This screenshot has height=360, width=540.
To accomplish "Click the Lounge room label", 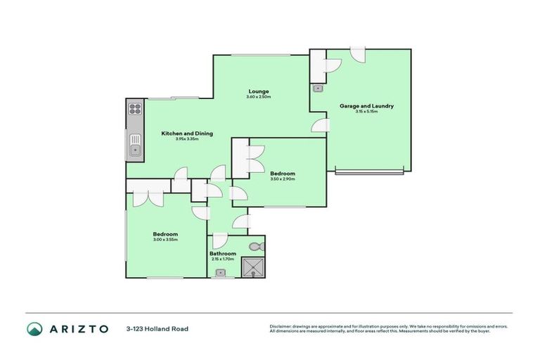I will pyautogui.click(x=258, y=91).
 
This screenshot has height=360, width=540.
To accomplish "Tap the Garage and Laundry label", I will pyautogui.click(x=366, y=106).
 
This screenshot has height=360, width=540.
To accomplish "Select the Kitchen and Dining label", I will pyautogui.click(x=187, y=133).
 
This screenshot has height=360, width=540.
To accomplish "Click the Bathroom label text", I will pyautogui.click(x=222, y=253).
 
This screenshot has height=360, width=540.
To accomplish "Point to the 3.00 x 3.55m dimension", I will pyautogui.click(x=166, y=240).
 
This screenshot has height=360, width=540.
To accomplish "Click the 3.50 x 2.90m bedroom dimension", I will pyautogui.click(x=282, y=179).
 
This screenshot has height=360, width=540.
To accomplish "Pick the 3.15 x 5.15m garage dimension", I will pyautogui.click(x=366, y=112).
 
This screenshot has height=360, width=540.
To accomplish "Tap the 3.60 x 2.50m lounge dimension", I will pyautogui.click(x=258, y=96).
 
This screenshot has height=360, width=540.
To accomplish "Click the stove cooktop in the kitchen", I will pyautogui.click(x=135, y=109).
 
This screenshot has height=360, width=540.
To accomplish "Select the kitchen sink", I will pyautogui.click(x=134, y=148).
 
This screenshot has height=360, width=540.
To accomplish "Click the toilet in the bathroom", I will pyautogui.click(x=256, y=247).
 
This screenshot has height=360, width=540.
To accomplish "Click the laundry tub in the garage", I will pyautogui.click(x=318, y=89).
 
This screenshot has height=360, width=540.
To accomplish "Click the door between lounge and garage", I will pyautogui.click(x=319, y=125).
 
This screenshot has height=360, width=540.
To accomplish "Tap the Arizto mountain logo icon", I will pyautogui.click(x=33, y=328).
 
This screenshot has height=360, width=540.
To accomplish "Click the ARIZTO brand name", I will pyautogui.click(x=78, y=328).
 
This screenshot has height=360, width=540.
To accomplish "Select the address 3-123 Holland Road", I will pyautogui.click(x=157, y=328).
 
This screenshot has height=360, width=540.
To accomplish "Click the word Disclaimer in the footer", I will pyautogui.click(x=281, y=326).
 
